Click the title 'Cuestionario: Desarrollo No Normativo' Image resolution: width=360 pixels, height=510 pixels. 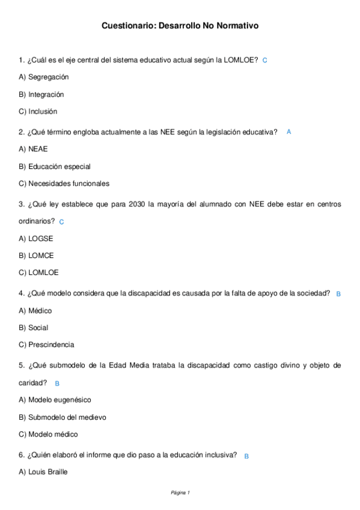tap(180, 26)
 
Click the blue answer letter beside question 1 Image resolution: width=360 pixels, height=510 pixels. tap(265, 61)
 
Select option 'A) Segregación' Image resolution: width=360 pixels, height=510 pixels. tap(44, 77)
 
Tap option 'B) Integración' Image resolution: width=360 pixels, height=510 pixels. tap(41, 94)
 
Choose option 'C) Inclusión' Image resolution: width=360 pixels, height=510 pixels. tap(38, 111)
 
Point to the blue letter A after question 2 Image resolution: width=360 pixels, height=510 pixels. tap(289, 132)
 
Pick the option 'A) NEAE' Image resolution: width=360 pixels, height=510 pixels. tap(33, 149)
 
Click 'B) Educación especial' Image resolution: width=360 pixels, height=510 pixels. tap(55, 167)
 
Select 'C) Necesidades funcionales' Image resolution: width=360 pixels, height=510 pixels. tap(64, 183)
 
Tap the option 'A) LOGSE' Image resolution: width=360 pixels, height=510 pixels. tap(36, 238)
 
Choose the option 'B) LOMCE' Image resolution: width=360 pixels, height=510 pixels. tap(37, 256)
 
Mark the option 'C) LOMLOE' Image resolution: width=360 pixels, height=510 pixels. tap(39, 272)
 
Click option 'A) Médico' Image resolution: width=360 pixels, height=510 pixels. tap(35, 311)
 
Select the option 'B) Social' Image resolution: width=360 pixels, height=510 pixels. tap(34, 328)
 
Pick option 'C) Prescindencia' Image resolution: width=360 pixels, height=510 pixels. tap(47, 345)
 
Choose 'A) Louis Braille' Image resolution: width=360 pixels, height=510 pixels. tap(43, 472)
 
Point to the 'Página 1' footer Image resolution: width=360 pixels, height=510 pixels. tap(180, 493)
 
